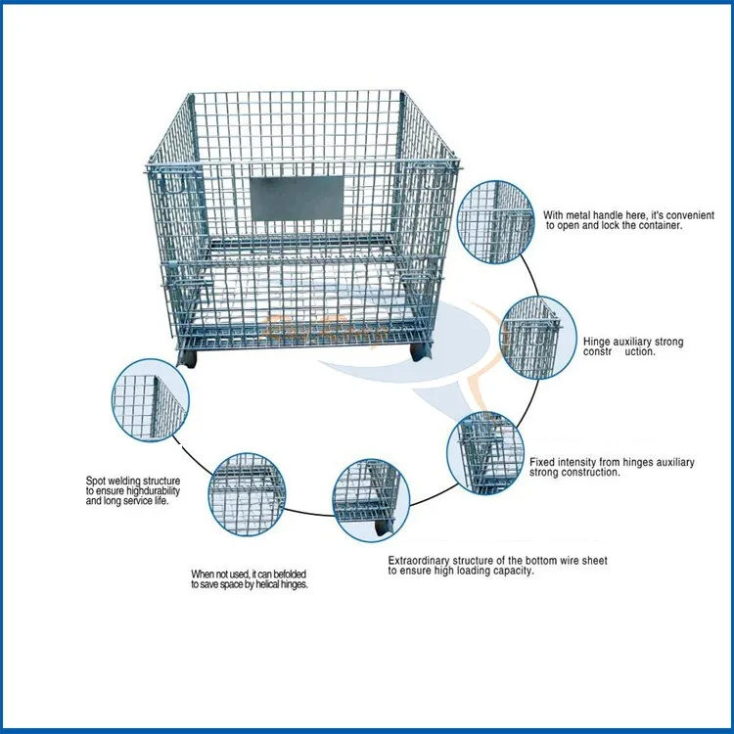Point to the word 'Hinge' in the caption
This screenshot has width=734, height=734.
tap(599, 342)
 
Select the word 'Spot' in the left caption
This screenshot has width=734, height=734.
tap(95, 482)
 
